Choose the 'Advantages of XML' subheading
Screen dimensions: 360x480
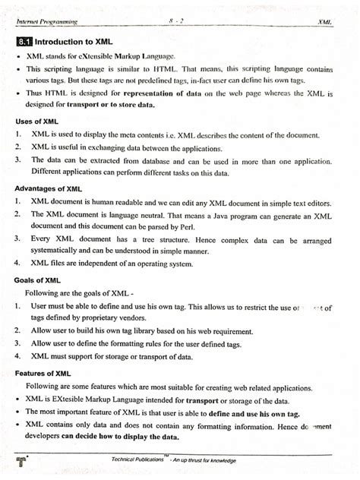pos(49,189)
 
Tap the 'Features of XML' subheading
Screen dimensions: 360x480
pos(46,373)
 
